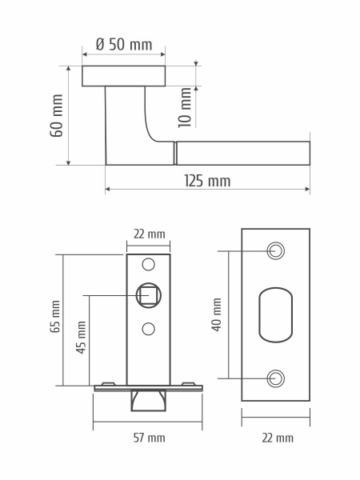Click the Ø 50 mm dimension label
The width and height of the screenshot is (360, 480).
tap(123, 45)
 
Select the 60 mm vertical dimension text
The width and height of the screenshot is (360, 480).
tap(57, 115)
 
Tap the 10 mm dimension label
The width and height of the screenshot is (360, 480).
tap(186, 107)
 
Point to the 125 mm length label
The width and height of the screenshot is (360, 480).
tap(207, 182)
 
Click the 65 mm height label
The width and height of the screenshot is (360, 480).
tap(55, 316)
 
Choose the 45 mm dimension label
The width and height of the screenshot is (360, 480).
tap(81, 338)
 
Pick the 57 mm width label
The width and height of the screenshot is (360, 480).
tap(148, 438)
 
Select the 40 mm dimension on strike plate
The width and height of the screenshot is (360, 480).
tap(217, 314)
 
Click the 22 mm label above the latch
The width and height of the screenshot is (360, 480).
tap(149, 234)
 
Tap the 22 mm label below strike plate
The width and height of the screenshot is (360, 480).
tap(277, 438)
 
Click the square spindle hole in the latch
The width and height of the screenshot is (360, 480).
tap(148, 295)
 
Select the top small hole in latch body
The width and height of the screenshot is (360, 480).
tap(148, 264)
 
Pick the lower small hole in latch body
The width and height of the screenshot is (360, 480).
tap(148, 328)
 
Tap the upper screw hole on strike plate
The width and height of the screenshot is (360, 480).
tap(275, 250)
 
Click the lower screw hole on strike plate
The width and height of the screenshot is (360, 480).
tap(275, 378)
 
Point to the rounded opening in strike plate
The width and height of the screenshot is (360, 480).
tap(275, 314)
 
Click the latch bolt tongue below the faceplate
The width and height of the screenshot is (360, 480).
tap(148, 399)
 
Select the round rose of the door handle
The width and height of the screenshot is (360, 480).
tap(124, 76)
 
